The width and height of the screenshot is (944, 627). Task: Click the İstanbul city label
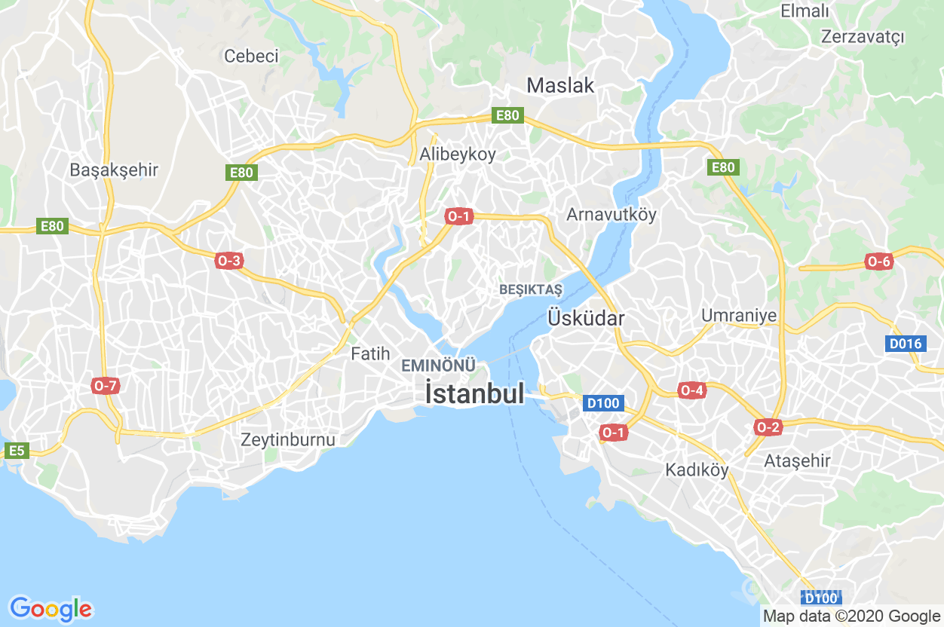474,393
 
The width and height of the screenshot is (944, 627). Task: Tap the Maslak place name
560,85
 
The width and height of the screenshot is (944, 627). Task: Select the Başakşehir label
114,170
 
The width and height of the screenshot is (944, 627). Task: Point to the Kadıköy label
697,470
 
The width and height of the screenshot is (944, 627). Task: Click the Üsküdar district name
586,318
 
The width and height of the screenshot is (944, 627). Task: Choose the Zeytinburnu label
288,439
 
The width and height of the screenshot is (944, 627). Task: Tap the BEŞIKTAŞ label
531,290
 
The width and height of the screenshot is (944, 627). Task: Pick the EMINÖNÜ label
439,365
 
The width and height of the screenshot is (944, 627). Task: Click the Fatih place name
370,353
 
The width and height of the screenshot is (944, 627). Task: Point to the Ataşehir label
797,460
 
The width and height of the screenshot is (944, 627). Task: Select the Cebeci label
251,56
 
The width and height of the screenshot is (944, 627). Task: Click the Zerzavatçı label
863,36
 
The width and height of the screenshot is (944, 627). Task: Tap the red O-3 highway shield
228,262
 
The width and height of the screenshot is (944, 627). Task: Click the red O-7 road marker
106,386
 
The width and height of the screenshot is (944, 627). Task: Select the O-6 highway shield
879,262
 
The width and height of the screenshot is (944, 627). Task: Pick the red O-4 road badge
691,390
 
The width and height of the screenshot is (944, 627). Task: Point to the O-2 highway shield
768,427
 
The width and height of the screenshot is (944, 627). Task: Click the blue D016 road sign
905,344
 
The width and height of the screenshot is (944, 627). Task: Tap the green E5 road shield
17,451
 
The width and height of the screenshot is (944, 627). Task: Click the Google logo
51,608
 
